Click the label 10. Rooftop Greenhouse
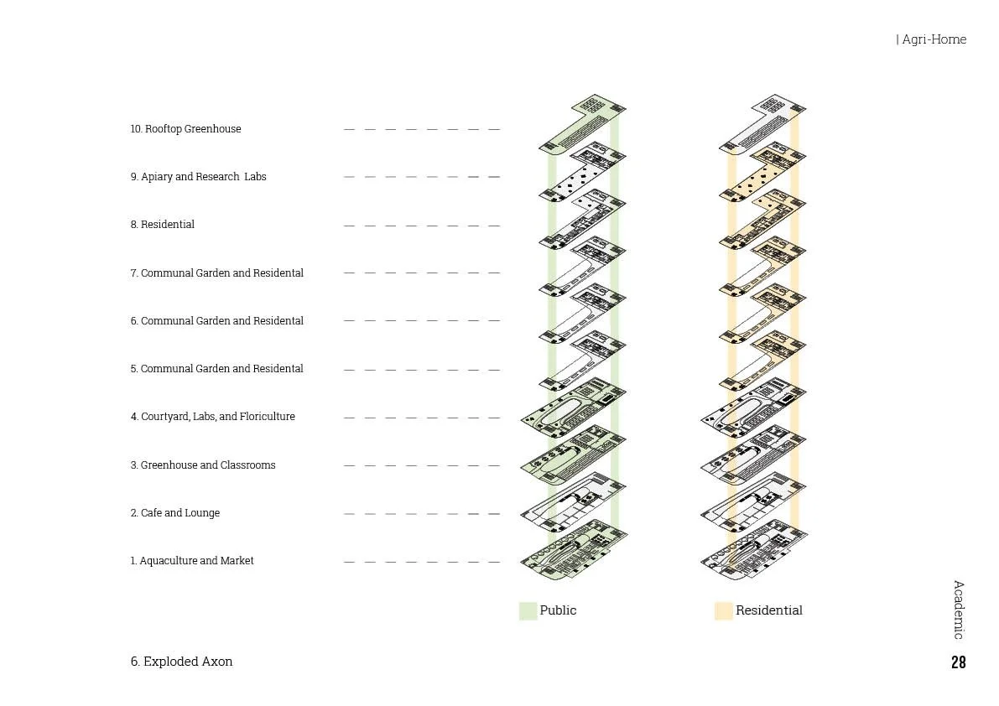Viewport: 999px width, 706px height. point(185,129)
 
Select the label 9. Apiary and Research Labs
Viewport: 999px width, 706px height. point(198,177)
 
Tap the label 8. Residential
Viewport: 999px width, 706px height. point(162,225)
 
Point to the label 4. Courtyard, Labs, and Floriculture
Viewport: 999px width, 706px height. point(212,417)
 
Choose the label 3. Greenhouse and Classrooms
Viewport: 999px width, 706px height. point(202,465)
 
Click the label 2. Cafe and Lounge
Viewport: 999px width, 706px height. point(174,513)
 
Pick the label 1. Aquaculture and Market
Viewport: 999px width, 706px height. point(191,561)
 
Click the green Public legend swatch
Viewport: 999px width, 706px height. point(528,610)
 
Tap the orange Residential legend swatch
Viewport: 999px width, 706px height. point(723,610)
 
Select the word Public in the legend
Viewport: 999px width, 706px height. point(558,610)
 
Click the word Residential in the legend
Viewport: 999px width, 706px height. point(768,610)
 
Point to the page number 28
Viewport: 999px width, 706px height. point(958,662)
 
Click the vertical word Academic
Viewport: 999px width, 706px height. point(958,610)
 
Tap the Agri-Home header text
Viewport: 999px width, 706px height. point(933,39)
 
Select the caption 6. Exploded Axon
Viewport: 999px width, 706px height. point(181,662)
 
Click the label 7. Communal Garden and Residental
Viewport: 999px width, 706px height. point(216,273)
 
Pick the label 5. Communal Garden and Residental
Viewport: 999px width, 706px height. point(216,369)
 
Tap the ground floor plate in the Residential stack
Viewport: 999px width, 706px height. point(752,553)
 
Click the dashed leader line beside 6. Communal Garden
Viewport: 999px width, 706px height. point(422,321)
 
